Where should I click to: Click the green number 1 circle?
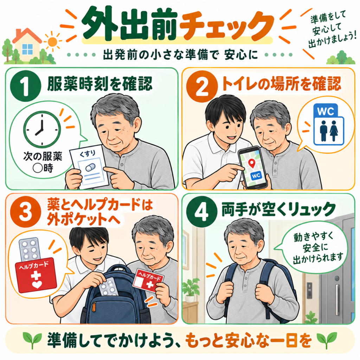coord(26,86)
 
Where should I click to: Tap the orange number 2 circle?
coord(202,86)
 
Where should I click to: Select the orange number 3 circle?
coord(26,212)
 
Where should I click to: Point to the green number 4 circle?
coord(202,212)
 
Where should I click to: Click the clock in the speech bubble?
coord(42,129)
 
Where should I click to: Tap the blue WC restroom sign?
coord(329,124)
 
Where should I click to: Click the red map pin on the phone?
coord(252,163)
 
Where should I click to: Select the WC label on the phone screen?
coord(256,176)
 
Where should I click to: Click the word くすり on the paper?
coord(88,153)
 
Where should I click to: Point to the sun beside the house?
coord(52,42)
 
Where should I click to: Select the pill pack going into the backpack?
coord(109,287)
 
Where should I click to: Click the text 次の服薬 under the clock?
coord(43,156)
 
